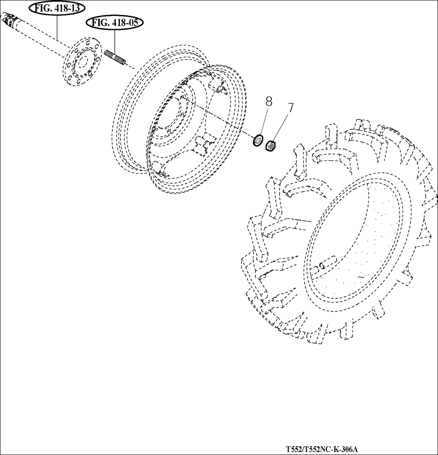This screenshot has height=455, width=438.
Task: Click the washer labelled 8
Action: tap(257, 141)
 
